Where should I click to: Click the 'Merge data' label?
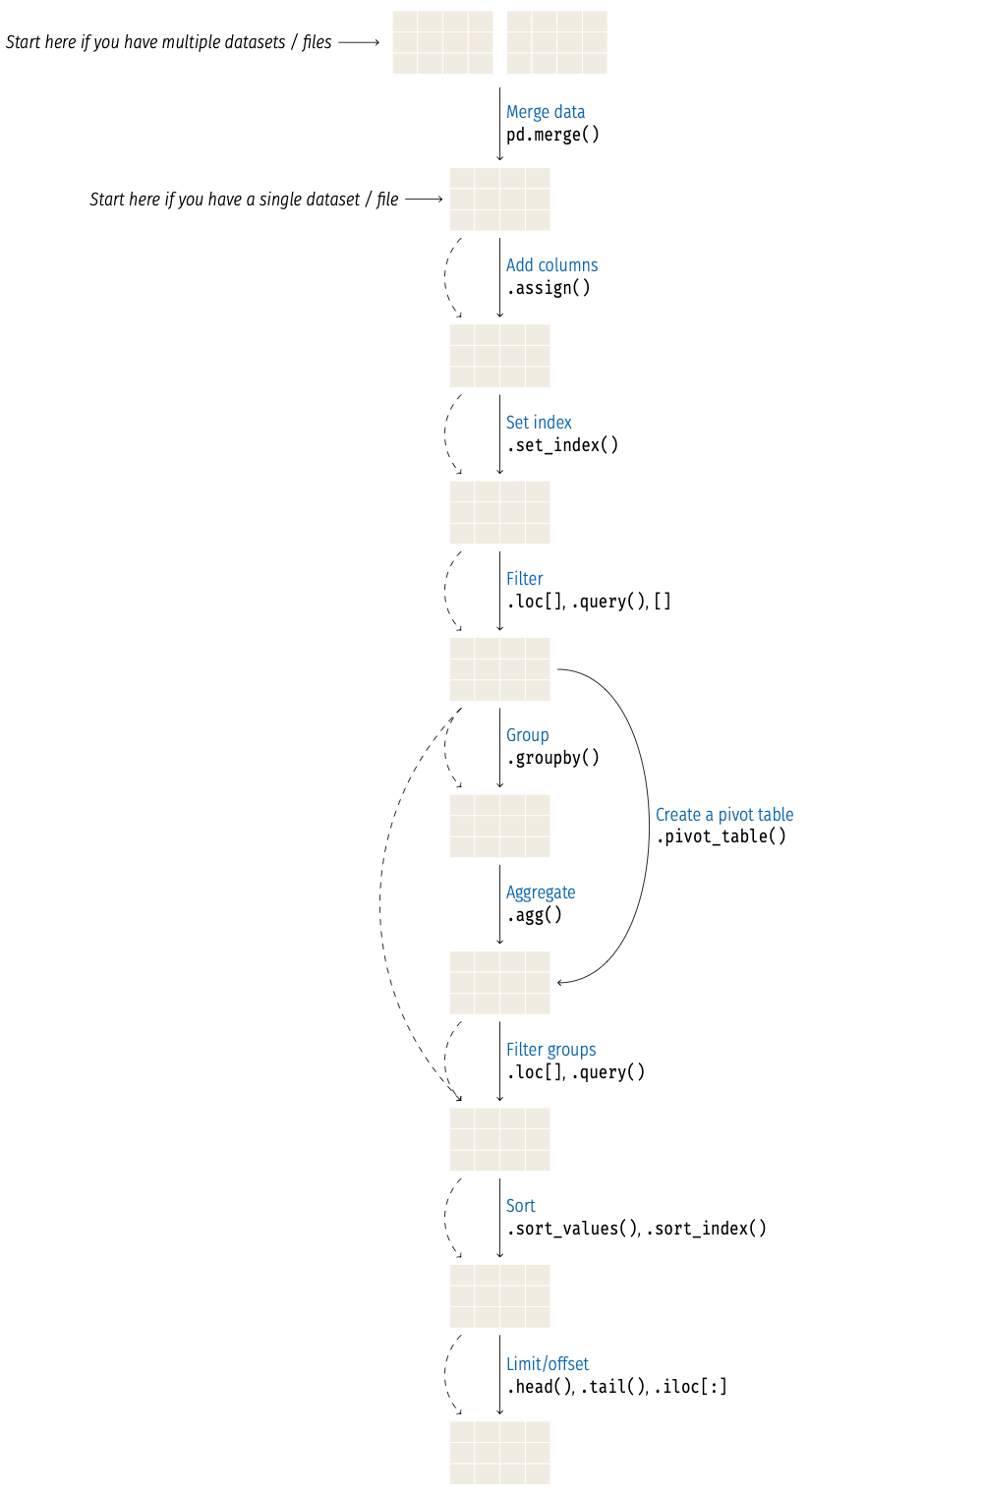pyautogui.click(x=545, y=112)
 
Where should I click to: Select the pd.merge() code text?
pyautogui.click(x=552, y=135)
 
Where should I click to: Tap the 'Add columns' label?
pyautogui.click(x=551, y=265)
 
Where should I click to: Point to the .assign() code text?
pyautogui.click(x=549, y=288)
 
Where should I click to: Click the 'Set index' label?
pyautogui.click(x=539, y=423)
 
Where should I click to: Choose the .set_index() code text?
pyautogui.click(x=562, y=445)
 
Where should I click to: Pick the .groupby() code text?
pyautogui.click(x=552, y=758)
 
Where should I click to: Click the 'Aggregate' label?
pyautogui.click(x=541, y=892)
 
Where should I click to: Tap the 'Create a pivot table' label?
pyautogui.click(x=724, y=815)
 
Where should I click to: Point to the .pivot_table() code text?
pyautogui.click(x=721, y=836)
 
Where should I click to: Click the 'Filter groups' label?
pyautogui.click(x=550, y=1050)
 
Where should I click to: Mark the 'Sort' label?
pyautogui.click(x=520, y=1206)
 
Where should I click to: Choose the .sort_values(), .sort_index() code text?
pyautogui.click(x=636, y=1229)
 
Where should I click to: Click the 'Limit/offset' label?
pyautogui.click(x=548, y=1364)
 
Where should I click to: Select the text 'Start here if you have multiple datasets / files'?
pyautogui.click(x=168, y=42)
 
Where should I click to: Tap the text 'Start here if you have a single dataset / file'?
pyautogui.click(x=244, y=200)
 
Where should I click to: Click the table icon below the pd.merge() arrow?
pyautogui.click(x=499, y=199)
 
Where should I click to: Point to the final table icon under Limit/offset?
pyautogui.click(x=499, y=1452)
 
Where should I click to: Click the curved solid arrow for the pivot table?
pyautogui.click(x=648, y=826)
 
